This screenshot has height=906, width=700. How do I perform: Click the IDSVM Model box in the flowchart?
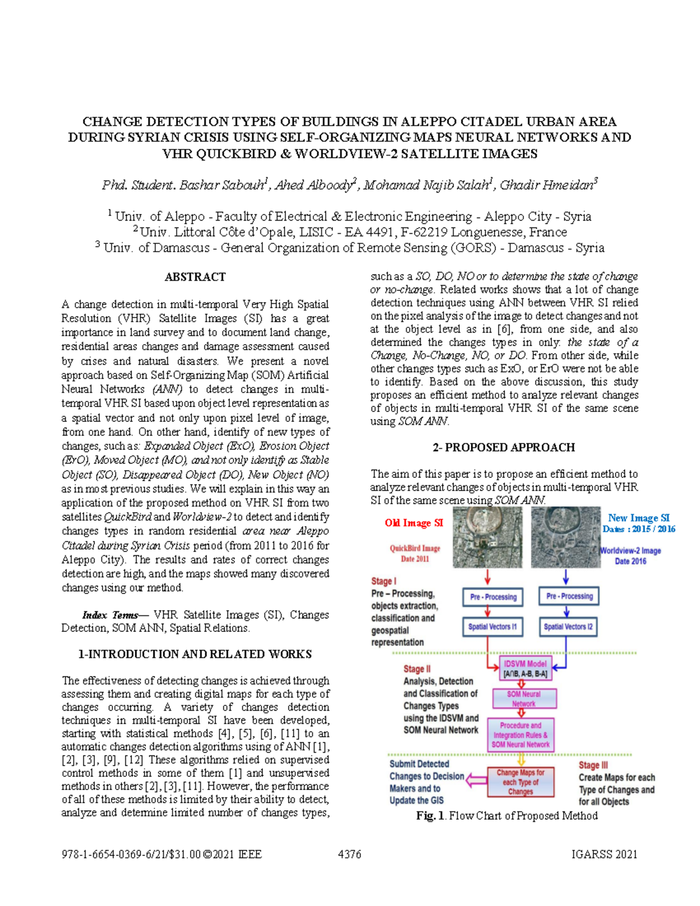coord(524,669)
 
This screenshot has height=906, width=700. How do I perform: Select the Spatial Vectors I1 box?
coord(492,627)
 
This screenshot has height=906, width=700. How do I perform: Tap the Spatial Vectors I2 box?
coord(568,627)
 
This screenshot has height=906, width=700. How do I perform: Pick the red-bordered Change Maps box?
coord(520,782)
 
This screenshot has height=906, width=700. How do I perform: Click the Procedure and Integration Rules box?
coord(520,735)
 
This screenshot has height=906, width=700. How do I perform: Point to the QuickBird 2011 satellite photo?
coord(487,537)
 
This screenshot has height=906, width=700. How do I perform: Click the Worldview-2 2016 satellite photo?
coord(565,537)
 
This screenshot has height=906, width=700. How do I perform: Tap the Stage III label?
coord(593,765)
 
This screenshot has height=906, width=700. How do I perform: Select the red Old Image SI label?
coord(414,523)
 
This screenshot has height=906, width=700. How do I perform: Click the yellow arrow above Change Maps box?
coord(521,759)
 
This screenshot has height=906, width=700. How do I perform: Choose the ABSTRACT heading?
coord(195,277)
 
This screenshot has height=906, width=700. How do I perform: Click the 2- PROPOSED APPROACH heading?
coord(503,447)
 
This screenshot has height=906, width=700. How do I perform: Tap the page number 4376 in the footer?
coord(349,854)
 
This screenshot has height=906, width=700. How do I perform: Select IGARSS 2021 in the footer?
coord(604,854)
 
